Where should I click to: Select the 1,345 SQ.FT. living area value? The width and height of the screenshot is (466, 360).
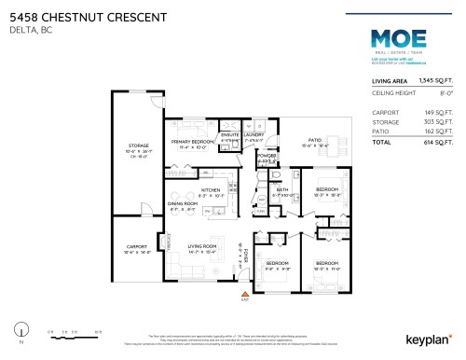pyautogui.click(x=435, y=81)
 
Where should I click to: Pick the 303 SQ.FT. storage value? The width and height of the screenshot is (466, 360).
pyautogui.click(x=437, y=121)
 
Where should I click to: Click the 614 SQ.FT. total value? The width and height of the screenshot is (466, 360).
pyautogui.click(x=437, y=142)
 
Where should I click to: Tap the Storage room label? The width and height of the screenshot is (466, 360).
pyautogui.click(x=138, y=146)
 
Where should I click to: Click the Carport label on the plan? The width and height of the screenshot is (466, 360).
pyautogui.click(x=137, y=247)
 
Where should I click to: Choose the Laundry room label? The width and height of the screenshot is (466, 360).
pyautogui.click(x=253, y=134)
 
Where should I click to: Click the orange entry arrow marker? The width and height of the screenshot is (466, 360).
pyautogui.click(x=243, y=293)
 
